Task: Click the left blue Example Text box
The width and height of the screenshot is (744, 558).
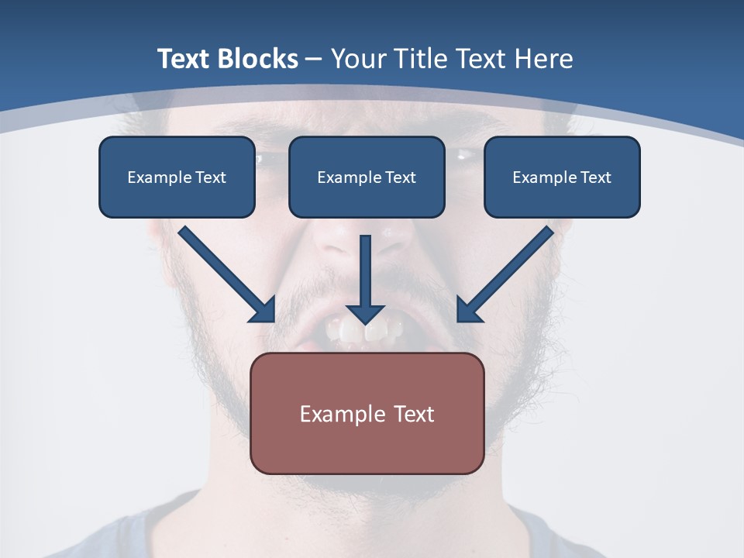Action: click(177, 177)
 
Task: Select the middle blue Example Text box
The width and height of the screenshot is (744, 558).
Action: click(367, 177)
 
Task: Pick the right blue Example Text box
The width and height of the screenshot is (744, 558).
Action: click(562, 177)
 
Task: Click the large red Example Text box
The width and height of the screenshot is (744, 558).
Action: click(367, 413)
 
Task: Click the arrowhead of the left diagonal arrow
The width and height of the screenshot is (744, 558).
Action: click(263, 310)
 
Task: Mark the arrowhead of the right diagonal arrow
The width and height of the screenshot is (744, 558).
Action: click(468, 310)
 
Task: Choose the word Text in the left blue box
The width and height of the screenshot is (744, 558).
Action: click(211, 177)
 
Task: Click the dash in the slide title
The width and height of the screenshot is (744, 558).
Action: click(314, 60)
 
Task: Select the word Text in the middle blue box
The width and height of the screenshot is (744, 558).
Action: click(401, 177)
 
